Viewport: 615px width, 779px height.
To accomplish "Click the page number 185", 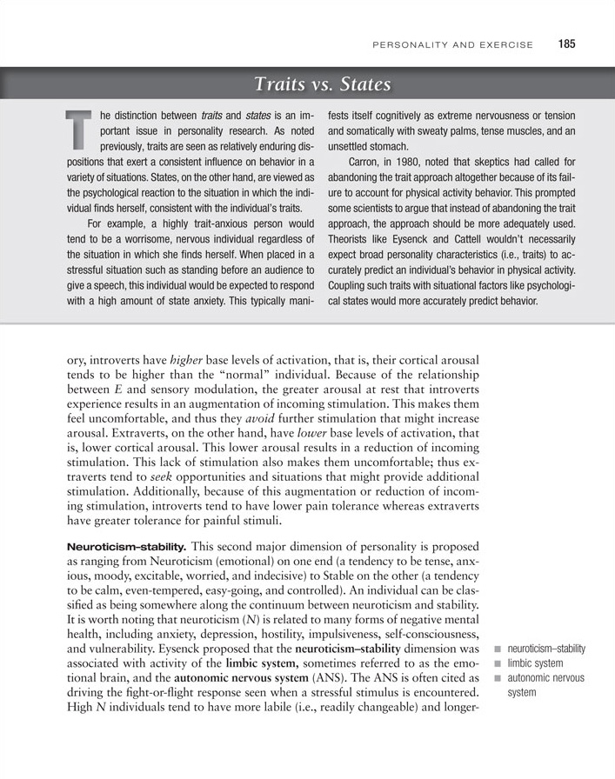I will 568,44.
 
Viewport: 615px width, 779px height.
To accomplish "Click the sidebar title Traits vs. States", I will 323,84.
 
